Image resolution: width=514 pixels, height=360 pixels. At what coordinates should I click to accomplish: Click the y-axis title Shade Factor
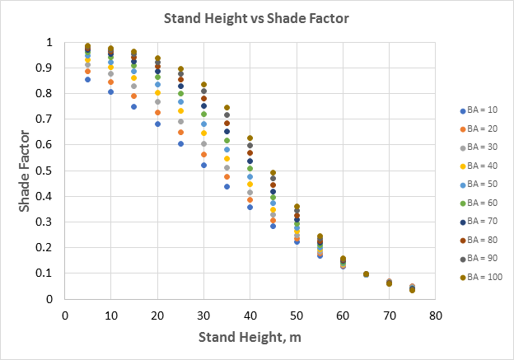pos(26,171)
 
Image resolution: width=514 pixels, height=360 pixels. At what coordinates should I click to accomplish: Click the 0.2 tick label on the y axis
pos(49,248)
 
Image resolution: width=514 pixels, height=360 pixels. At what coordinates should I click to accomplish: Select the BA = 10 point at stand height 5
pos(87,79)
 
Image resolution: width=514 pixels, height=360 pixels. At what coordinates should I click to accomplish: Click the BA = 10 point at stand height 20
pos(157,124)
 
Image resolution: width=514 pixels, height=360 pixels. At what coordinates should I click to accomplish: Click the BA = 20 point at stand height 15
pos(133,96)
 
